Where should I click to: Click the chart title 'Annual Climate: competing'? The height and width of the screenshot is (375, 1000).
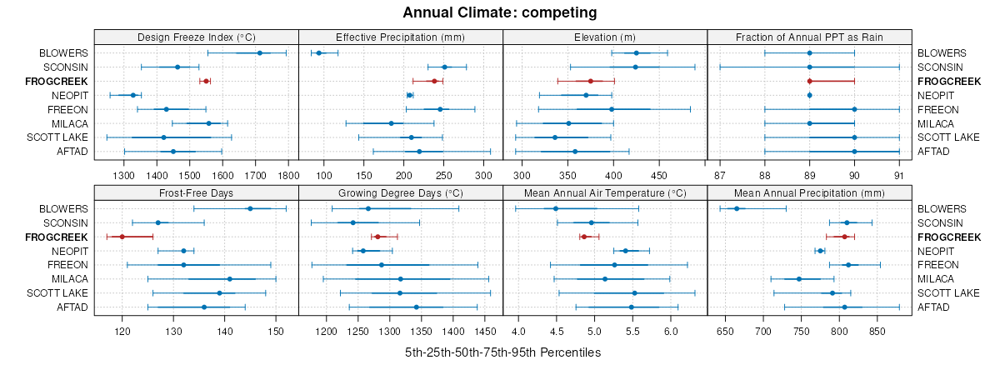tap(499, 12)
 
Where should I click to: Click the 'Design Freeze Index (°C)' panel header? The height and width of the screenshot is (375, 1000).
tap(196, 37)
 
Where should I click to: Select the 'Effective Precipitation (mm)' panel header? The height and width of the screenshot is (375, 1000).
tap(400, 37)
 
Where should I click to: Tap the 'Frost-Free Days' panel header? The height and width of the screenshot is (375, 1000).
tap(196, 192)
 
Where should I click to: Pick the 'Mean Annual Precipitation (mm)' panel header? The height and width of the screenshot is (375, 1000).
tap(809, 192)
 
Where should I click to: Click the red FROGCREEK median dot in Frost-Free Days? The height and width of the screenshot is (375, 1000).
tap(122, 237)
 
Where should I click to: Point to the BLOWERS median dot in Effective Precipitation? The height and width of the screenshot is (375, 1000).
tap(318, 53)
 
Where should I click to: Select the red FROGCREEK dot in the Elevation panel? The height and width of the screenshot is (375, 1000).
tap(590, 81)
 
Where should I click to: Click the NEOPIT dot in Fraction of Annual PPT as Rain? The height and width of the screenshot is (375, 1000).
tap(809, 95)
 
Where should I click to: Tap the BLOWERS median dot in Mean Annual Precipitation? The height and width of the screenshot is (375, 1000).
tap(737, 208)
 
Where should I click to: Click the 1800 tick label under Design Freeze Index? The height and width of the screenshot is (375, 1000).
tap(288, 176)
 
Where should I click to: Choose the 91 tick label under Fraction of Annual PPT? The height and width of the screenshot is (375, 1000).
tap(898, 176)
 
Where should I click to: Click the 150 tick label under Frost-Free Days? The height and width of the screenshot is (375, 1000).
tap(276, 332)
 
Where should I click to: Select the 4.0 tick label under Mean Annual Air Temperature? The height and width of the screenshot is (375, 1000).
tap(518, 332)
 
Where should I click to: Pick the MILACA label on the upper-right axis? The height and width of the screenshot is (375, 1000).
tap(937, 123)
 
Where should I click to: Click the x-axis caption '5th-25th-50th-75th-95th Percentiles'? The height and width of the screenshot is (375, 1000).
tap(502, 352)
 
